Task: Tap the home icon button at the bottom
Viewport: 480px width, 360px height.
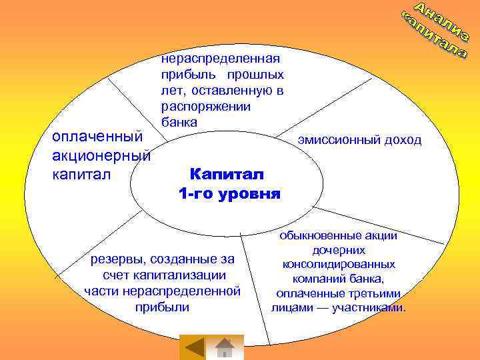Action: [225, 348]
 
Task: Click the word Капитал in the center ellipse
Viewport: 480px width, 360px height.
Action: [227, 174]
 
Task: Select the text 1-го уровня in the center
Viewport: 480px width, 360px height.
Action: [229, 194]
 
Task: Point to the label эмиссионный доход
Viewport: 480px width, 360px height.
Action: [359, 139]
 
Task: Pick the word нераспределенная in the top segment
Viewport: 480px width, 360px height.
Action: [221, 60]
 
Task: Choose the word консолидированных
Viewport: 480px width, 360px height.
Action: [338, 265]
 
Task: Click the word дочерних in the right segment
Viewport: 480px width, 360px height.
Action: [338, 250]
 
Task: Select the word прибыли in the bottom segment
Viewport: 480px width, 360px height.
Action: [162, 307]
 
